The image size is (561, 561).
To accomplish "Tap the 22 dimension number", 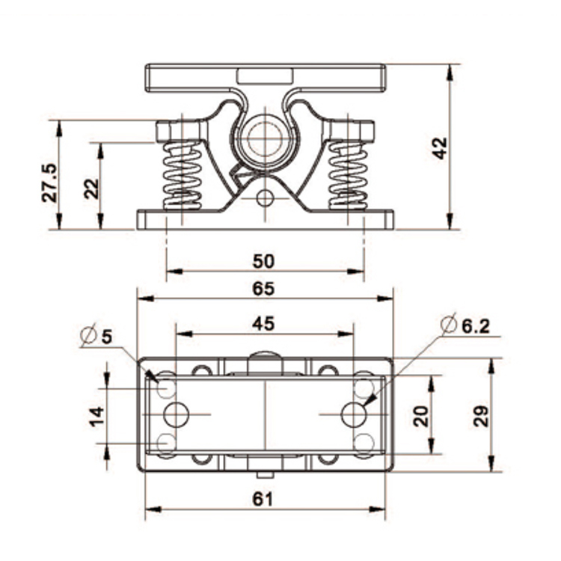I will (x=91, y=187).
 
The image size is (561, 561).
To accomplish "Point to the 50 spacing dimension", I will (x=263, y=261).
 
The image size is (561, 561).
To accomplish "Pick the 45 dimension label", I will (x=263, y=323).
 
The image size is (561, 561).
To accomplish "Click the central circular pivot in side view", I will (x=263, y=137).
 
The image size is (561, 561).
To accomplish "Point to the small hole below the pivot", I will (x=264, y=198).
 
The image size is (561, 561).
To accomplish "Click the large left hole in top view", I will (x=177, y=414).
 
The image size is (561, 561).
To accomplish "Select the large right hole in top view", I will (x=353, y=414).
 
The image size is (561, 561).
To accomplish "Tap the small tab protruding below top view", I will (x=263, y=474).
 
